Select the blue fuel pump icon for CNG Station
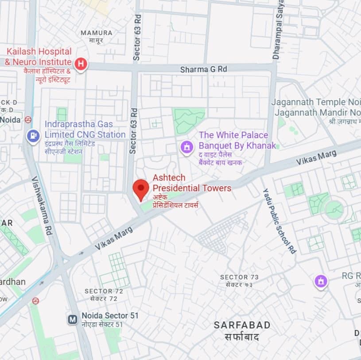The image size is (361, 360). coord(33,135)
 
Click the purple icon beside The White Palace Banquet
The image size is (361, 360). coord(187,146)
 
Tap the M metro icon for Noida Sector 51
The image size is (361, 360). coord(73,319)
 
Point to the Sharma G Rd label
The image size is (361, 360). coord(203,70)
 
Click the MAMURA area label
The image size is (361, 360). coord(97,33)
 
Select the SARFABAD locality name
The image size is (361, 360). coord(242,325)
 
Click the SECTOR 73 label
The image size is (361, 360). coord(240,277)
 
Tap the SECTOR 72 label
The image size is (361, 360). coord(104,291)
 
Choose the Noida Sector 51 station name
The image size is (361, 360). coord(110,316)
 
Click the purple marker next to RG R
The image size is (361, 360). coord(321,281)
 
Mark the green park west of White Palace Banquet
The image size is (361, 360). coord(189,120)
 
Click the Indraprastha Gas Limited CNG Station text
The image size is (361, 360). coord(85,129)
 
